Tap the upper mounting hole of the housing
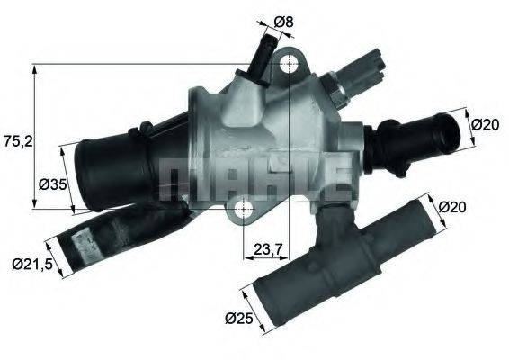[288, 66]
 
